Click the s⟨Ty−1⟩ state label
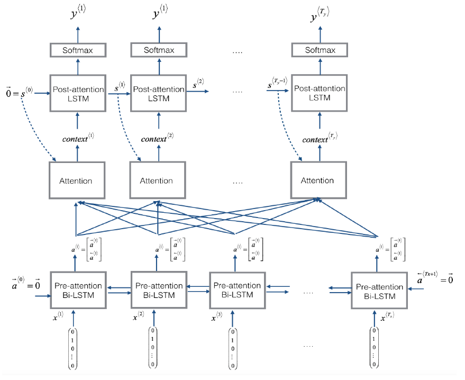[277, 83]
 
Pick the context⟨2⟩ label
[158, 140]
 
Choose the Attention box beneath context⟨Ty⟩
[318, 180]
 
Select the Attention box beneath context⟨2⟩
[158, 180]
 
